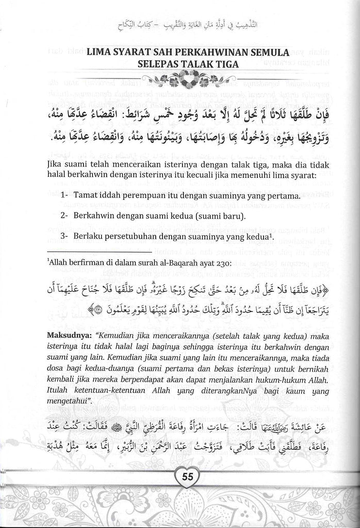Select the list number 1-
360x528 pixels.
tap(64, 196)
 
